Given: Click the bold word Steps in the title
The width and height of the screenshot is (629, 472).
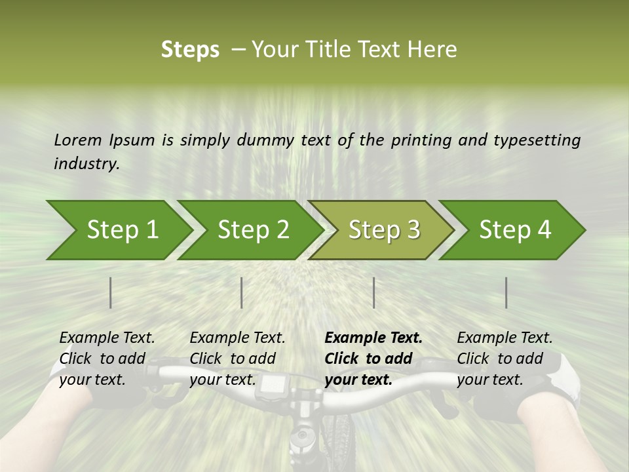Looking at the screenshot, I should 190,50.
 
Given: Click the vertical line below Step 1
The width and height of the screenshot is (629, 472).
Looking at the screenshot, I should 110,292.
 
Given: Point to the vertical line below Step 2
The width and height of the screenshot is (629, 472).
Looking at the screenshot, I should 242,292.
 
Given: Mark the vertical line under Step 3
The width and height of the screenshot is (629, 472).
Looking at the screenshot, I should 373,292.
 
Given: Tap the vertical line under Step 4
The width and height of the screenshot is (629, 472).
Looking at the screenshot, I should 506,292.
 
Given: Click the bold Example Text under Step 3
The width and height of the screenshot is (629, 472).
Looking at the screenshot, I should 373,338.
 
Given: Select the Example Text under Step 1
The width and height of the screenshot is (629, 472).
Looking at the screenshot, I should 107,338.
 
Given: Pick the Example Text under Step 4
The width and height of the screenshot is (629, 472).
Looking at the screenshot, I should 505,338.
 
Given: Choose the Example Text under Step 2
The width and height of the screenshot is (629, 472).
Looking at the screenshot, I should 237,338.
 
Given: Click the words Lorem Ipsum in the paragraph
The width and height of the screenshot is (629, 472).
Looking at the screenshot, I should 104,140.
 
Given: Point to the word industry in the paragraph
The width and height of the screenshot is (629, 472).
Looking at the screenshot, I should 86,164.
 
